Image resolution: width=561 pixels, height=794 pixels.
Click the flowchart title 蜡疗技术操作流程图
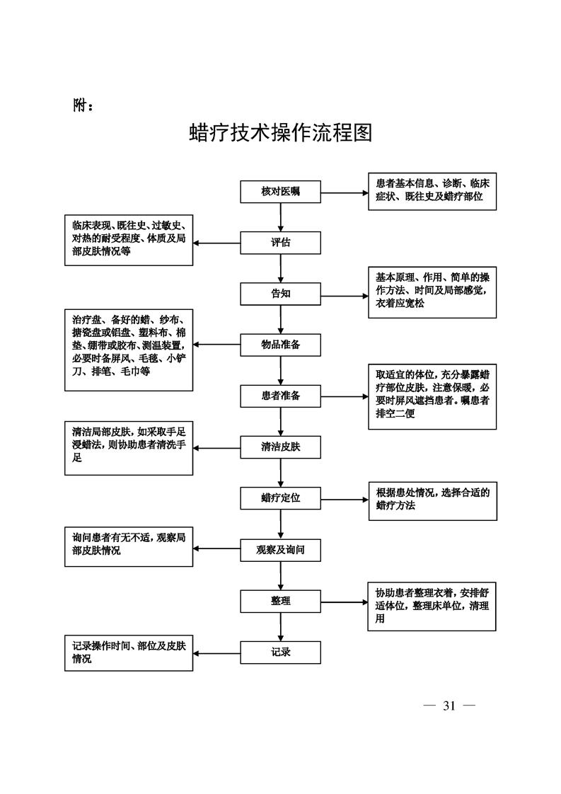[281, 133]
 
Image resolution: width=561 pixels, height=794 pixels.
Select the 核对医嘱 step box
[281, 192]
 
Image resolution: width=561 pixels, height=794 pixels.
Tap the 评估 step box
[281, 243]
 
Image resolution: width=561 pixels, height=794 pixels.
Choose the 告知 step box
[281, 294]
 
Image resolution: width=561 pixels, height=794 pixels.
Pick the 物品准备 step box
[281, 345]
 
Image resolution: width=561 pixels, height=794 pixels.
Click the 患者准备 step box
[281, 396]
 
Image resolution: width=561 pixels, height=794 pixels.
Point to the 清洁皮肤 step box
[281, 447]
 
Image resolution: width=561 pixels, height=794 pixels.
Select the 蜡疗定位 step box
[281, 497]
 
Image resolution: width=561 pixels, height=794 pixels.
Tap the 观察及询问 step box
[281, 549]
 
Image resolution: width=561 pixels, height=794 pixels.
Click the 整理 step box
[281, 601]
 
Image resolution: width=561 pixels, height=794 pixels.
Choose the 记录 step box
[281, 652]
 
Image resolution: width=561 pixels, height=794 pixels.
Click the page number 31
[449, 705]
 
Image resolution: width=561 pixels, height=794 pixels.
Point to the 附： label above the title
[83, 105]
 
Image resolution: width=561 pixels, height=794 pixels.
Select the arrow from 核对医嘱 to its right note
[345, 192]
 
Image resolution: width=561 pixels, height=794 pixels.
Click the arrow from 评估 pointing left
[217, 243]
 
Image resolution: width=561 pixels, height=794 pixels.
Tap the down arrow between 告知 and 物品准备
[281, 319]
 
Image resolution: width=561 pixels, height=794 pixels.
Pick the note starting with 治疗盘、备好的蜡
[129, 350]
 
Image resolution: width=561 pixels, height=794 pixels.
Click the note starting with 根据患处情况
[432, 500]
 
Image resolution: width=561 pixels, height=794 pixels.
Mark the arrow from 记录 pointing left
[217, 652]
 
